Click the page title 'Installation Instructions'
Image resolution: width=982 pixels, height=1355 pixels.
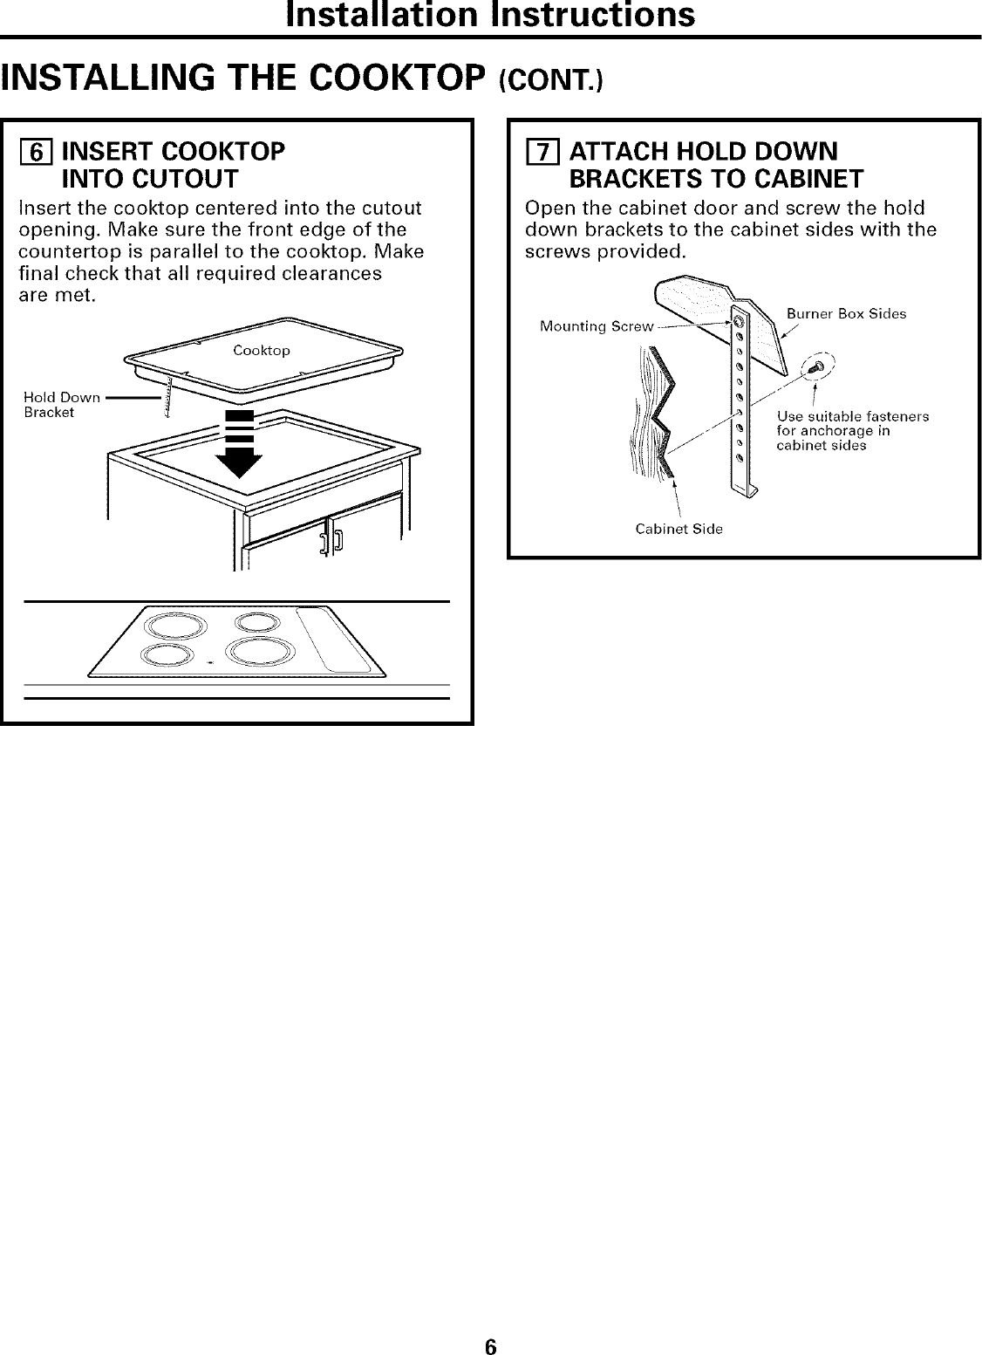(x=491, y=15)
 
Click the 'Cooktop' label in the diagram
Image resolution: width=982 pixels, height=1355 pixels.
(x=262, y=350)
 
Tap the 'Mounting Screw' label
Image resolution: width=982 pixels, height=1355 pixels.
(x=597, y=326)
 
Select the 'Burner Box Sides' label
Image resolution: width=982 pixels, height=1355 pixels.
(x=846, y=313)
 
